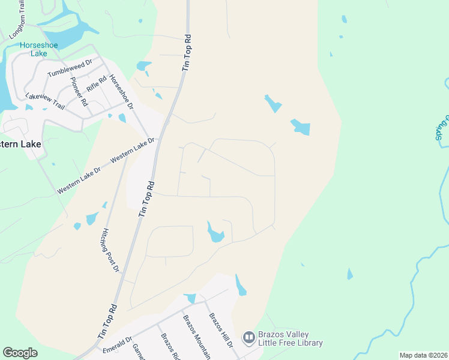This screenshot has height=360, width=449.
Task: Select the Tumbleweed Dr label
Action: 70,67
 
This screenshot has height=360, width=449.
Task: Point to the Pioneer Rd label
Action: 79,92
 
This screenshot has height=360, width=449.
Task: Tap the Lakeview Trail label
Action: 45,100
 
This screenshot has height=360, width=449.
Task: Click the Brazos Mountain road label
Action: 196,336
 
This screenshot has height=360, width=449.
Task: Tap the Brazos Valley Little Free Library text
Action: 291,339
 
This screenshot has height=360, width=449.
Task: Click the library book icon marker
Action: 249,338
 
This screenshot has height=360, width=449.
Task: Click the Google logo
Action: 20,352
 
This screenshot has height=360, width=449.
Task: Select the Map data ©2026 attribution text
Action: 423,355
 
